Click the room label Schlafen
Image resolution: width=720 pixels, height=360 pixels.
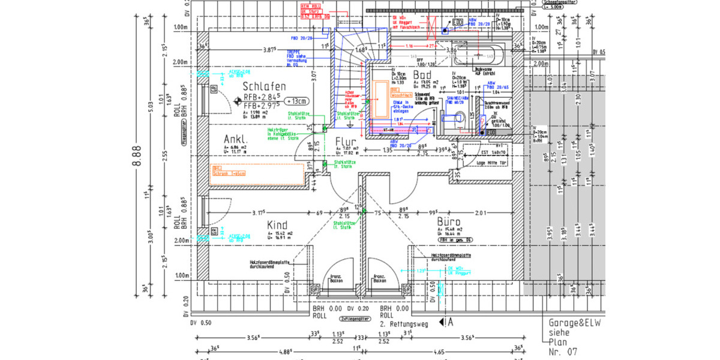coord(264,87)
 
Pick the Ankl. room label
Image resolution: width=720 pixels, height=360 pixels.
coord(236,137)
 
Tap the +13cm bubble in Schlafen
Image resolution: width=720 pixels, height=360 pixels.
coord(297,100)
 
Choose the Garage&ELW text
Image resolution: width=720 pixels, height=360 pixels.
coord(575,322)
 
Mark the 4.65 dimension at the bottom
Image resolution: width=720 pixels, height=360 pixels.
coord(439,353)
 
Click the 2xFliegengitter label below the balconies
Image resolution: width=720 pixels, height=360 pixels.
coord(353,319)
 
